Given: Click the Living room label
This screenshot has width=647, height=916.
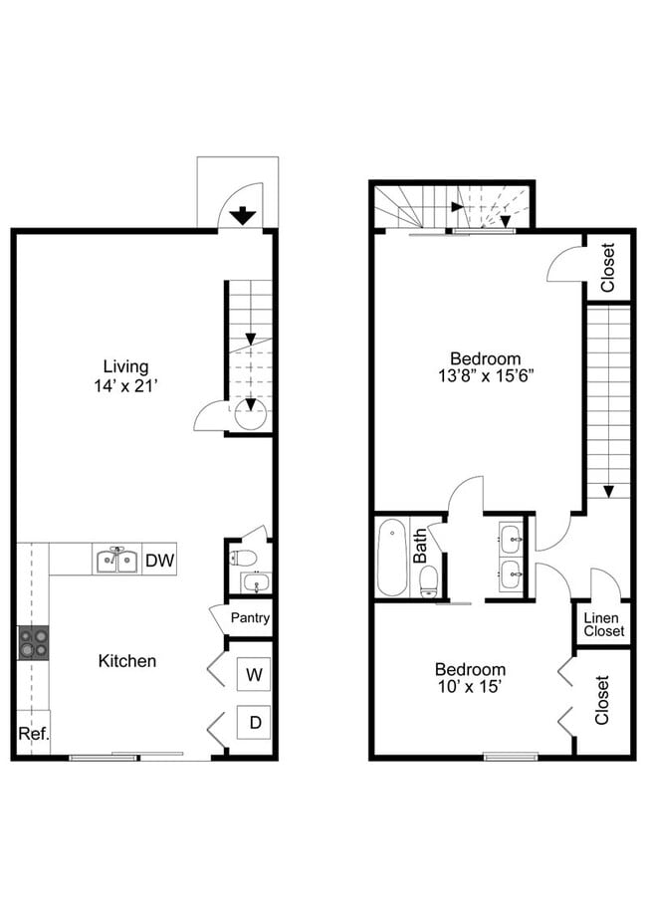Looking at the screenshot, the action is pyautogui.click(x=126, y=366).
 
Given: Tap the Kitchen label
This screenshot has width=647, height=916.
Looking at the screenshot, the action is pyautogui.click(x=127, y=661).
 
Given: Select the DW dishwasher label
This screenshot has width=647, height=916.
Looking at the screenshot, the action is pyautogui.click(x=159, y=561).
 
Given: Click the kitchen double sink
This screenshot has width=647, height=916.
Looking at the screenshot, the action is pyautogui.click(x=117, y=561).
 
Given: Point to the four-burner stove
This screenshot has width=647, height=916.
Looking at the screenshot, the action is pyautogui.click(x=33, y=642).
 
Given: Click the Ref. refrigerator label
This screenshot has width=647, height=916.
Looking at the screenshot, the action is pyautogui.click(x=34, y=734).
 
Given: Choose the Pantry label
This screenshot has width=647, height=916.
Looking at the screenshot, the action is pyautogui.click(x=250, y=617).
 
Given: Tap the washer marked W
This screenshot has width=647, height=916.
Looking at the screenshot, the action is pyautogui.click(x=254, y=675).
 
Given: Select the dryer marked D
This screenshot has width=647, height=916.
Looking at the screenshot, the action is pyautogui.click(x=254, y=723).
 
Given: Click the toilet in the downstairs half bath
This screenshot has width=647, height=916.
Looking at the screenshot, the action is pyautogui.click(x=243, y=558).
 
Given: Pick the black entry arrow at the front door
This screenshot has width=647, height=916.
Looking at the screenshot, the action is pyautogui.click(x=242, y=217).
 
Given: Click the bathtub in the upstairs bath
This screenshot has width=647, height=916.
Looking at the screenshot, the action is pyautogui.click(x=391, y=558).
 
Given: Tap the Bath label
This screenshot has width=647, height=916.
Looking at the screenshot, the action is pyautogui.click(x=420, y=547).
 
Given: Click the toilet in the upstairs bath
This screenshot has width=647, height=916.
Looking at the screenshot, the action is pyautogui.click(x=429, y=581).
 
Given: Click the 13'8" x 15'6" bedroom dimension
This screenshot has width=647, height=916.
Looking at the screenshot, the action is pyautogui.click(x=487, y=375).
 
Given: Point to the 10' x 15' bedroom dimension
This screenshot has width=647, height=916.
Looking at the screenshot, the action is pyautogui.click(x=470, y=686).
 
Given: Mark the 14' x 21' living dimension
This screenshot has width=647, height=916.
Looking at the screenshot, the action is pyautogui.click(x=126, y=385).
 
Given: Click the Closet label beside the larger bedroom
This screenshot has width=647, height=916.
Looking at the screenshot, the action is pyautogui.click(x=608, y=268).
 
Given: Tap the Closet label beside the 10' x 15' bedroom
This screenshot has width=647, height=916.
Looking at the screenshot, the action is pyautogui.click(x=602, y=700).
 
